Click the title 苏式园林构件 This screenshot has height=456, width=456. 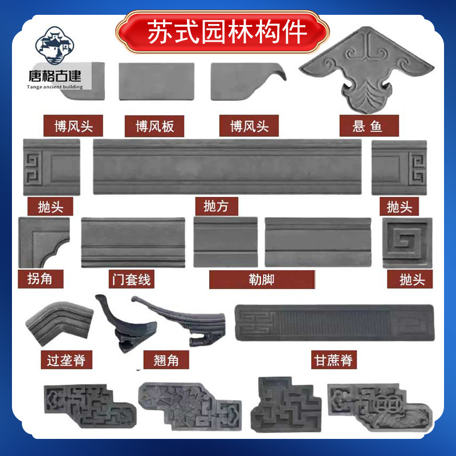click(227, 32)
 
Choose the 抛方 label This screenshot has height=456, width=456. click(216, 206)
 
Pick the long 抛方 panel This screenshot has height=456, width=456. click(227, 166)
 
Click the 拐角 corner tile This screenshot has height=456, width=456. click(44, 243)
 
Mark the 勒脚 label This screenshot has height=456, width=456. click(262, 279)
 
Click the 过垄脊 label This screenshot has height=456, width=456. click(67, 360)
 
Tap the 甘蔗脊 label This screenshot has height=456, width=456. click(333, 360)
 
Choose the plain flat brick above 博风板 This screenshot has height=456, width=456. click(157, 82)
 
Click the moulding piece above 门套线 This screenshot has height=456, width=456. click(133, 242)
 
